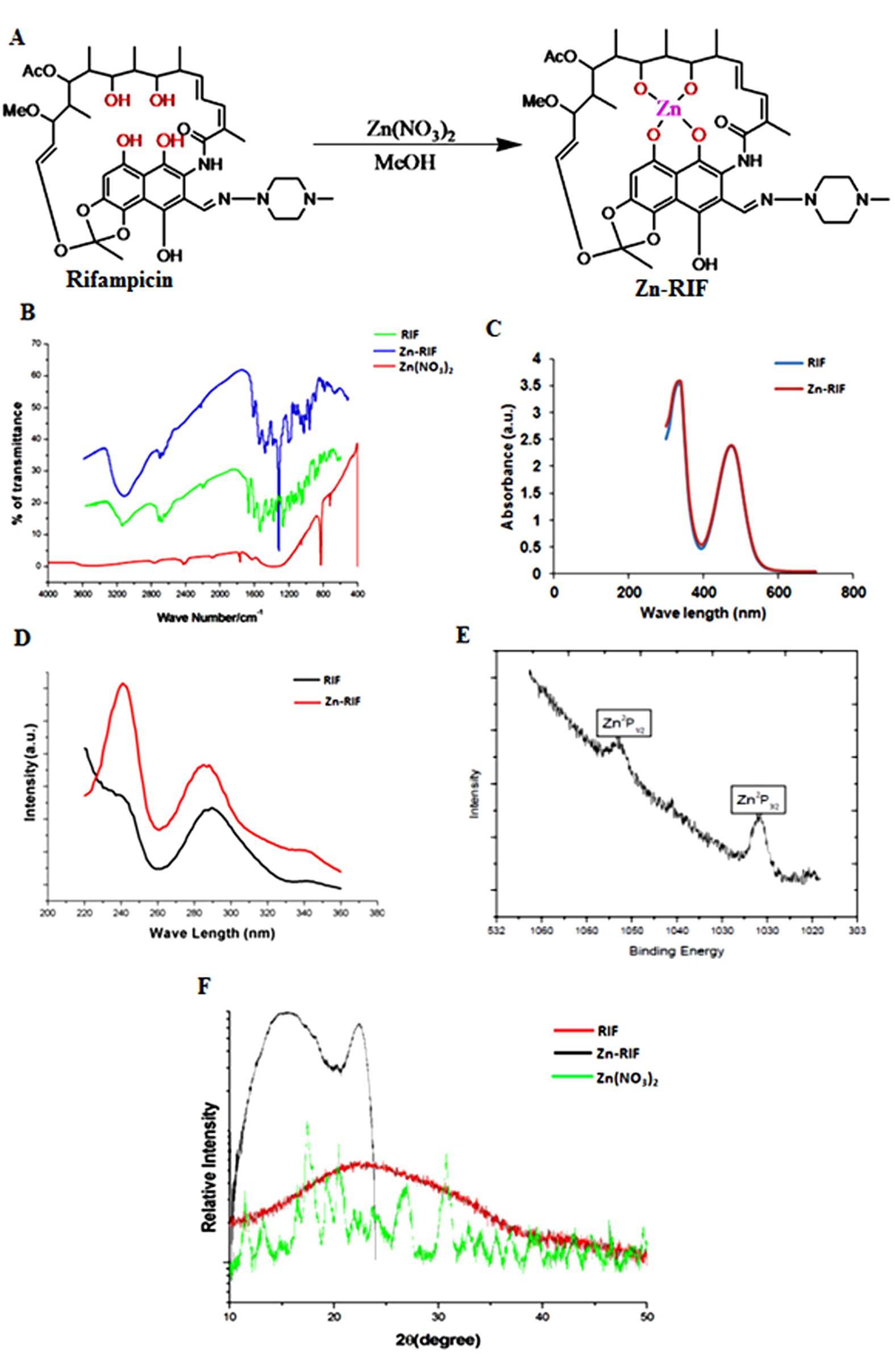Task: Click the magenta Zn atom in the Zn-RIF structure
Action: [x=668, y=109]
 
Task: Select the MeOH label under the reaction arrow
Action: [x=405, y=163]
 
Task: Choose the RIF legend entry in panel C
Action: [x=817, y=363]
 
